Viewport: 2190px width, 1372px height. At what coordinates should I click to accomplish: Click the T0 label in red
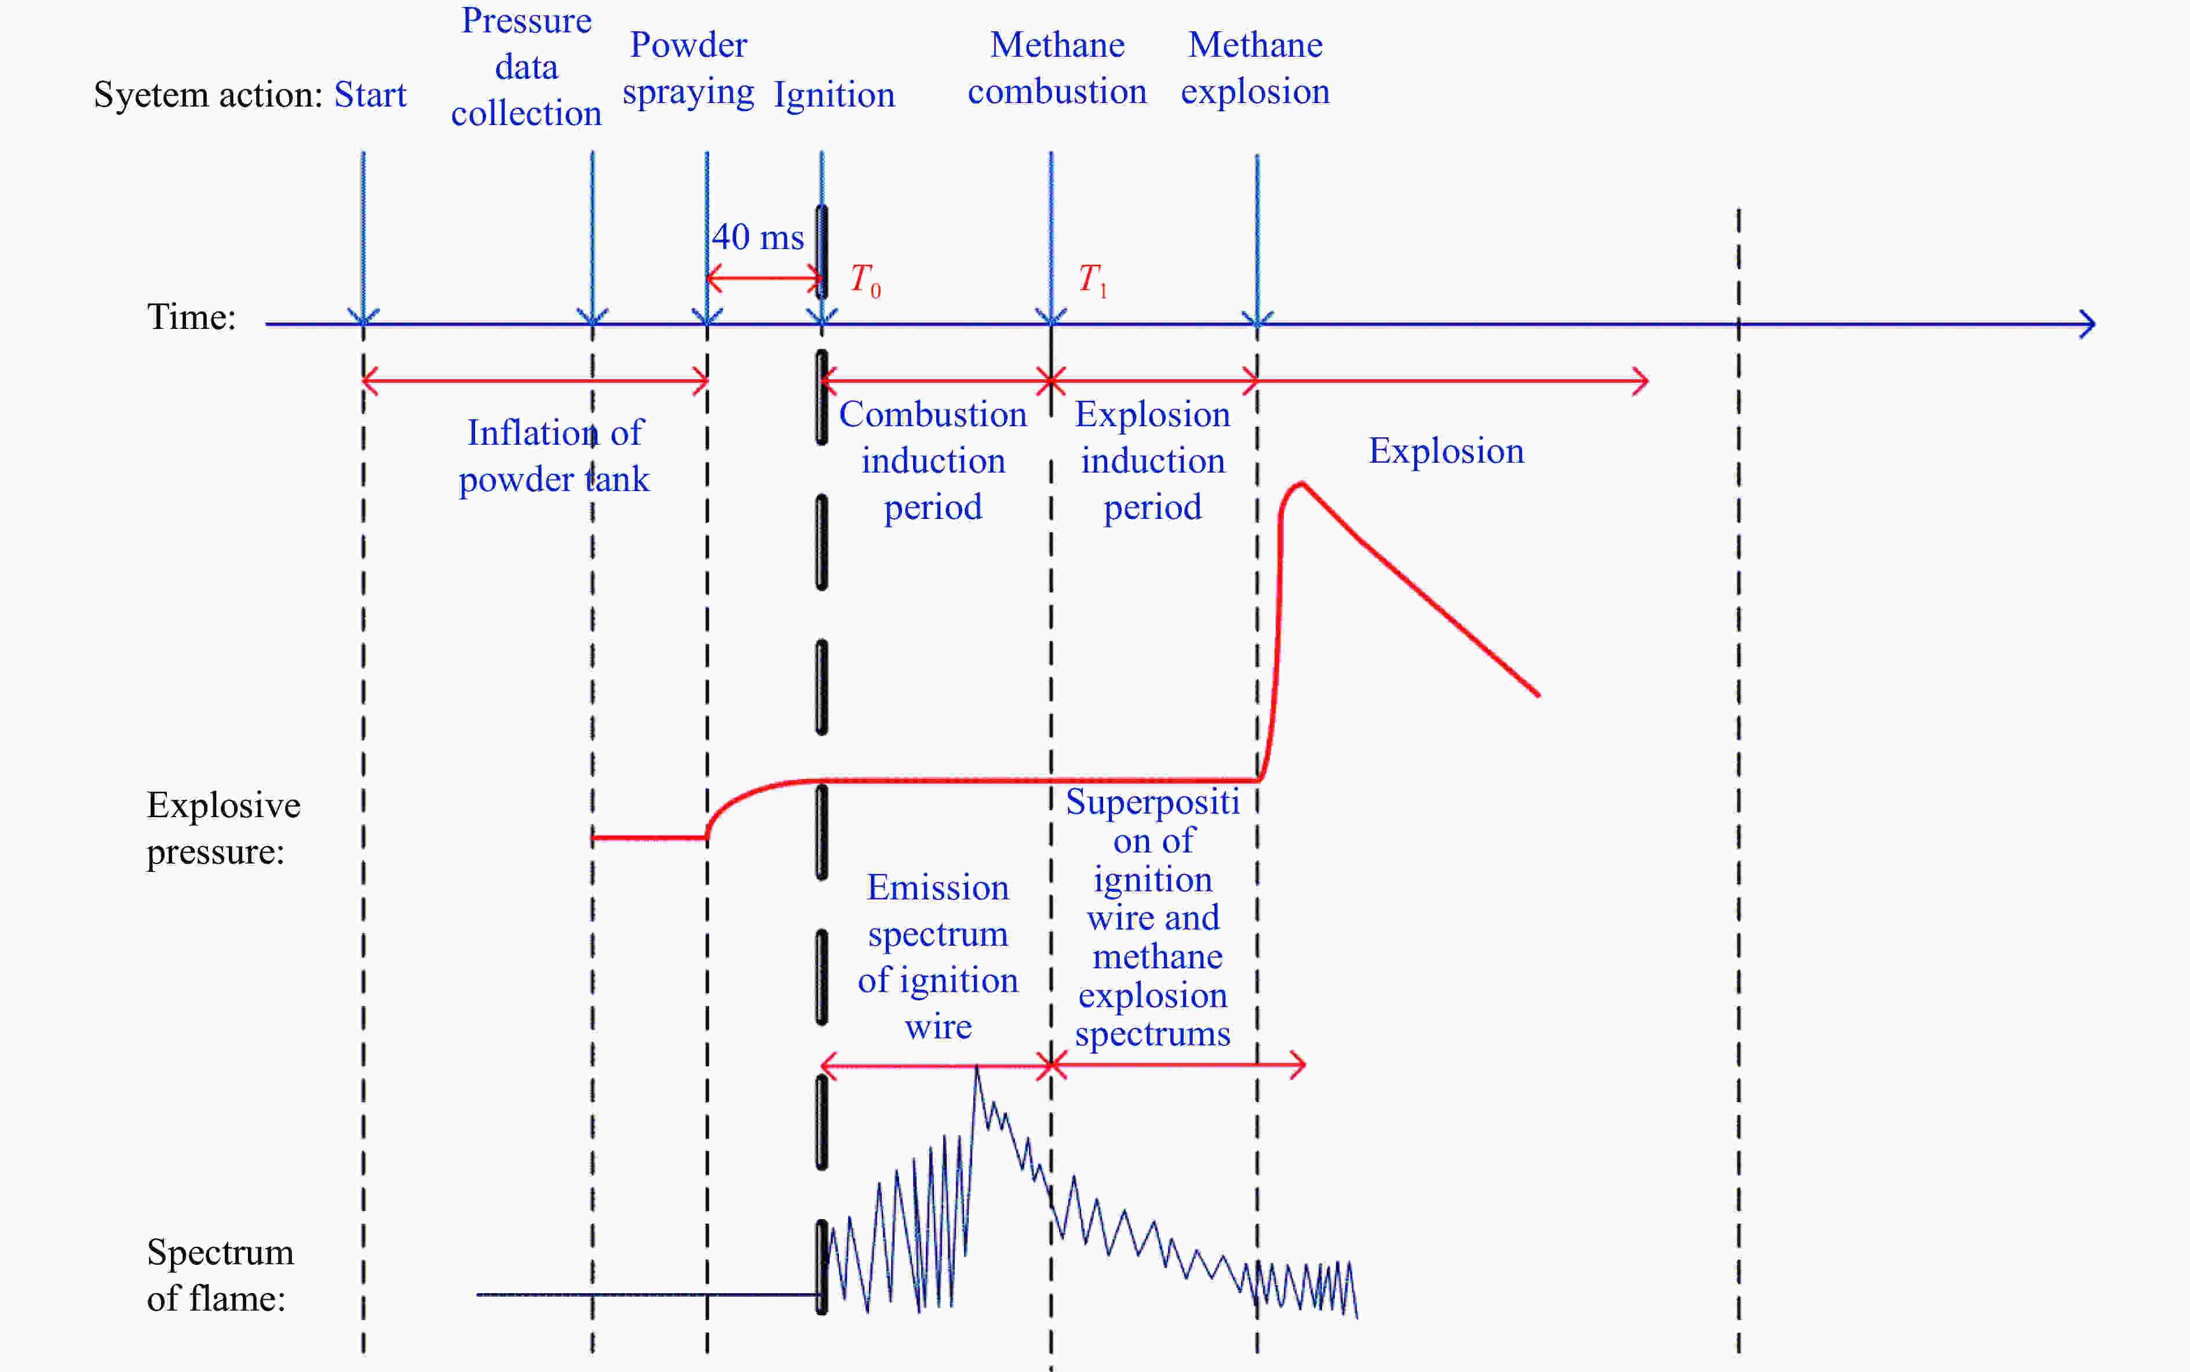[x=865, y=280]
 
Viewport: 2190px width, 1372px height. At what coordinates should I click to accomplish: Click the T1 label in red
[x=1093, y=280]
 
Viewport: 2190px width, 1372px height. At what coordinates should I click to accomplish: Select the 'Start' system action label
[x=370, y=94]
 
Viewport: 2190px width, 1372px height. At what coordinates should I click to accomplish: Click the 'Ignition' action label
[x=834, y=94]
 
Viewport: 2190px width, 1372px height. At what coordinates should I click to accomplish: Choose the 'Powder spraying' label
[x=688, y=69]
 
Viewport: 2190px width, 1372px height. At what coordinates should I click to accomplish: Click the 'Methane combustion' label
[x=1057, y=68]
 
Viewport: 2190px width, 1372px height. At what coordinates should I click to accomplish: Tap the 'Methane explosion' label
[x=1255, y=68]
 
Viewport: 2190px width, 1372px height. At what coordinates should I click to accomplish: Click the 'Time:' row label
[x=192, y=317]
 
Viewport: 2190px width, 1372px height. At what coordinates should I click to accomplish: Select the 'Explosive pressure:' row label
[x=223, y=828]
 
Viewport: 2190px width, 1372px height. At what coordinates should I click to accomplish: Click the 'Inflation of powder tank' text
[x=554, y=456]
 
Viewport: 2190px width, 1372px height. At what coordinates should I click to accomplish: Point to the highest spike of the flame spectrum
[x=977, y=1067]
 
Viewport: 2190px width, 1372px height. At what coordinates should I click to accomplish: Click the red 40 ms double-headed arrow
[x=764, y=277]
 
